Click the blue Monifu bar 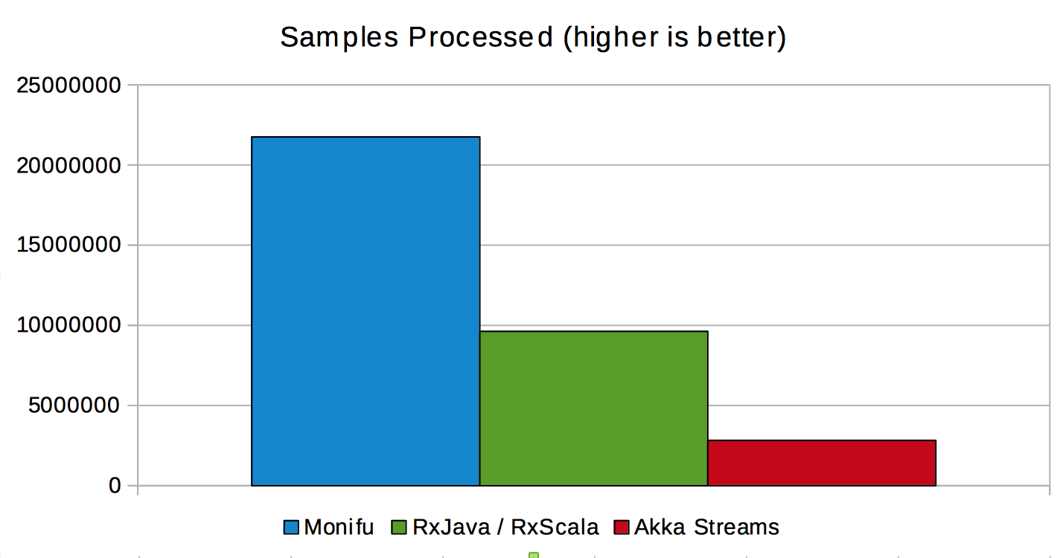tap(365, 311)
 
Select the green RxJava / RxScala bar tap(594, 408)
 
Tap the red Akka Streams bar tap(822, 463)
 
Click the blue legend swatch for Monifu tap(291, 527)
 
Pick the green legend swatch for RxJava tap(399, 527)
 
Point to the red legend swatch tap(621, 527)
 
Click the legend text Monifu tap(339, 527)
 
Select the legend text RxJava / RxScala tap(506, 527)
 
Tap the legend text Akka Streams tap(706, 527)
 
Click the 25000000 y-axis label tap(68, 86)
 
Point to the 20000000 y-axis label tap(68, 166)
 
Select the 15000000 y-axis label tap(68, 245)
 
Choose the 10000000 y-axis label tap(68, 325)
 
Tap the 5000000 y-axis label tap(74, 405)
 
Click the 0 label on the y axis tap(115, 485)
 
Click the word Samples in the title tap(339, 37)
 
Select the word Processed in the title tap(481, 37)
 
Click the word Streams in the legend tap(736, 527)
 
